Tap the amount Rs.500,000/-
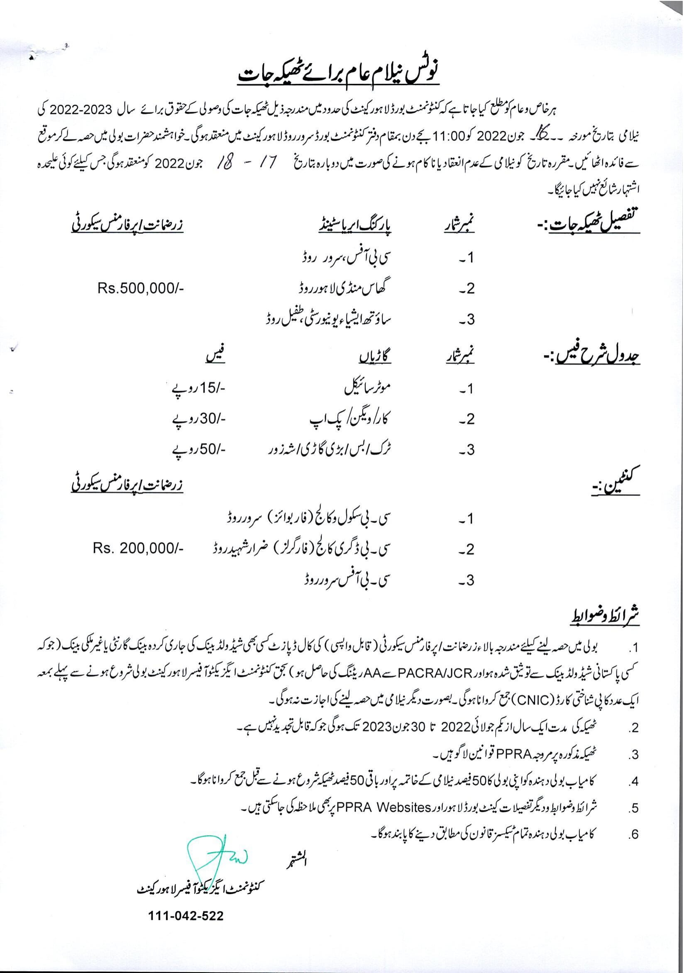[140, 289]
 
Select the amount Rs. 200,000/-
[138, 549]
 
